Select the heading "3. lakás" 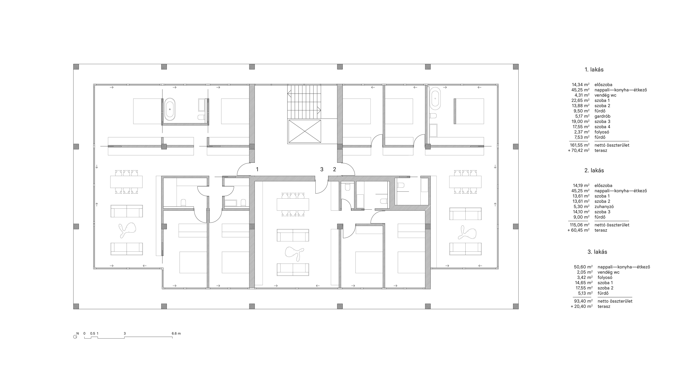597,252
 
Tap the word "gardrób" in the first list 602,116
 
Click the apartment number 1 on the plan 257,169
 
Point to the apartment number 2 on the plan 334,169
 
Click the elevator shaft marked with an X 304,131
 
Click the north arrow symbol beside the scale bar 75,337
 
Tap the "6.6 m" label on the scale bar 176,333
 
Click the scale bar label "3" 125,333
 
